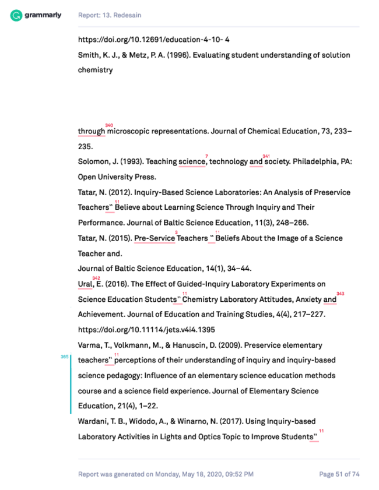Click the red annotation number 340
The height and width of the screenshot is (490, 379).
109,125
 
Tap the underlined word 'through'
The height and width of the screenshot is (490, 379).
92,132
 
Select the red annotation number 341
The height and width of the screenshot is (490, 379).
266,156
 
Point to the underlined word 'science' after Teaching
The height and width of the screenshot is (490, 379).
192,162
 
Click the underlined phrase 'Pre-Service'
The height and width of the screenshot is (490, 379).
155,238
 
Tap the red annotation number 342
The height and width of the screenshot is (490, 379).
96,278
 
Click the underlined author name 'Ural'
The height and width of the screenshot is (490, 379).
85,284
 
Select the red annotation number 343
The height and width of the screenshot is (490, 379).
341,294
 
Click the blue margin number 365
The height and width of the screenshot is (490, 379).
64,357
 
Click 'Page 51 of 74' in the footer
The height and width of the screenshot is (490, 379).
339,474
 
